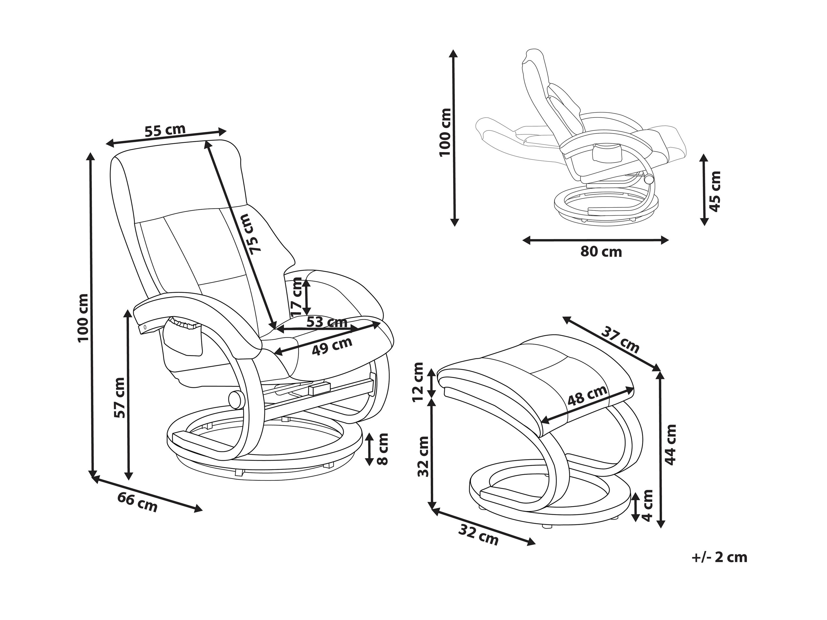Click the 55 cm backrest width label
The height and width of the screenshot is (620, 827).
(165, 130)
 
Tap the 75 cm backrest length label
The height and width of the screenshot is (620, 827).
(251, 234)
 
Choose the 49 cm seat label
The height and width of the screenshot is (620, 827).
(332, 346)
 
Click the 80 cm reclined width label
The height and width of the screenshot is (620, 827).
(601, 252)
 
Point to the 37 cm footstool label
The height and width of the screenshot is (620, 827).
(620, 340)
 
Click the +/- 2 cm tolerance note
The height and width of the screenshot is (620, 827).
(719, 568)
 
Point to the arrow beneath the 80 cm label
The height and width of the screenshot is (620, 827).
(595, 240)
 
